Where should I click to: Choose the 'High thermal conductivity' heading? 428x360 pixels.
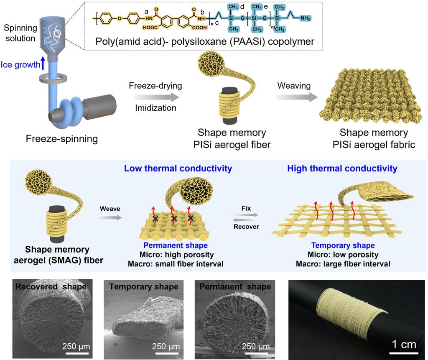[342, 169]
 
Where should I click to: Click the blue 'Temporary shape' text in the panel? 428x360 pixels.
[337, 245]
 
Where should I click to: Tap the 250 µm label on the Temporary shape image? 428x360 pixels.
[166, 346]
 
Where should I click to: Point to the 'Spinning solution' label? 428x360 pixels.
[20, 32]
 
